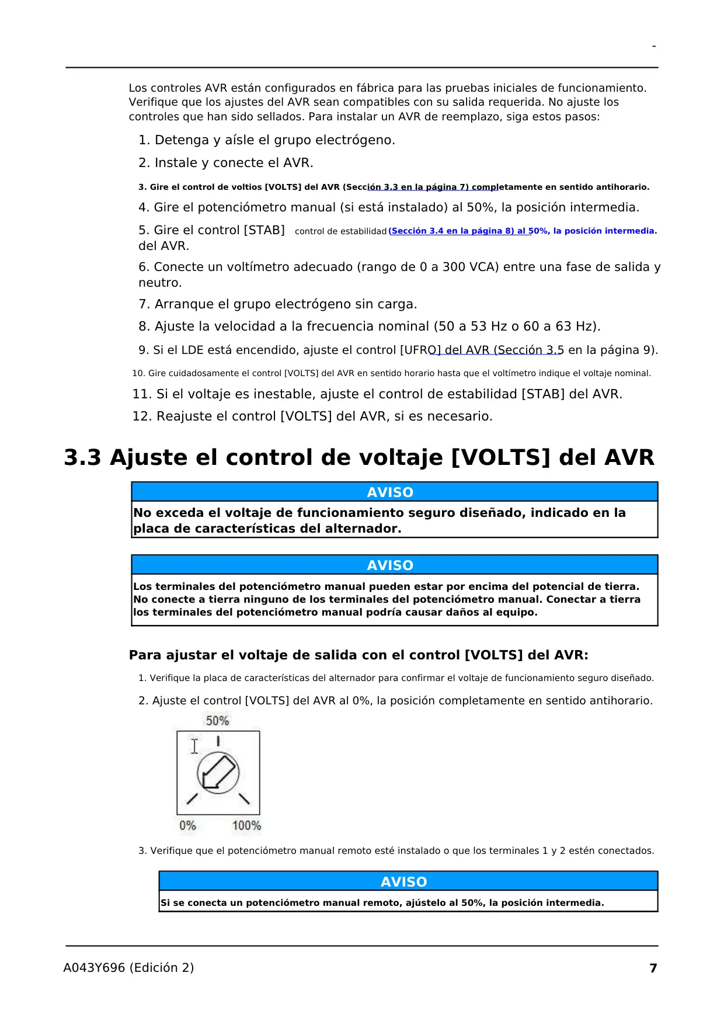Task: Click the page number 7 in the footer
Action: click(x=653, y=968)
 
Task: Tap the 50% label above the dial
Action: click(x=217, y=721)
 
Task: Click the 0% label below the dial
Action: click(x=187, y=826)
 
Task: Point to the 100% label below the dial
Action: click(x=246, y=826)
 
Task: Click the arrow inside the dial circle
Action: click(x=217, y=773)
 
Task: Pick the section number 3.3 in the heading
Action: click(x=82, y=457)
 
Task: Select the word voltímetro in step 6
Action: click(x=260, y=267)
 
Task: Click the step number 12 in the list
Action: click(x=141, y=416)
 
